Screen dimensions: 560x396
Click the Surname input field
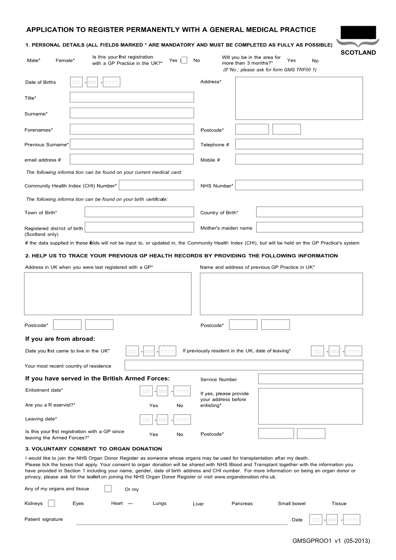(x=132, y=113)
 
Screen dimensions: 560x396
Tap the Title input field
(x=132, y=97)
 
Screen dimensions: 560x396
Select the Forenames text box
(x=132, y=129)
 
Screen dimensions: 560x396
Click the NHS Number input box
(x=299, y=185)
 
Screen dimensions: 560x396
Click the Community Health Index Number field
(x=156, y=185)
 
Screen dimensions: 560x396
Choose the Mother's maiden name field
(x=309, y=227)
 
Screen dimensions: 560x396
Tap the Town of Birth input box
(x=139, y=212)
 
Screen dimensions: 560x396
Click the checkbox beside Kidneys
(x=51, y=503)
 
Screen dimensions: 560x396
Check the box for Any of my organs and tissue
(x=108, y=489)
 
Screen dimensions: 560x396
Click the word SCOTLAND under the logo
(x=358, y=52)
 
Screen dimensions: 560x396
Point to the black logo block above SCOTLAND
(x=358, y=33)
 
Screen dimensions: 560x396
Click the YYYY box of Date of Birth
(x=111, y=82)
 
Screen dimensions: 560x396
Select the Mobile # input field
(x=299, y=159)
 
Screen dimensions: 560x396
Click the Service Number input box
(x=310, y=379)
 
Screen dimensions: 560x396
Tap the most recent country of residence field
(x=243, y=365)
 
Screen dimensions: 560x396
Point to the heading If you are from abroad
(x=60, y=339)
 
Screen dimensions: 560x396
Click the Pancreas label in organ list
(x=242, y=504)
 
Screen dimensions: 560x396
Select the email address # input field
(x=132, y=159)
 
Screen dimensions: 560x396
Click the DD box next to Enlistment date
(x=146, y=391)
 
